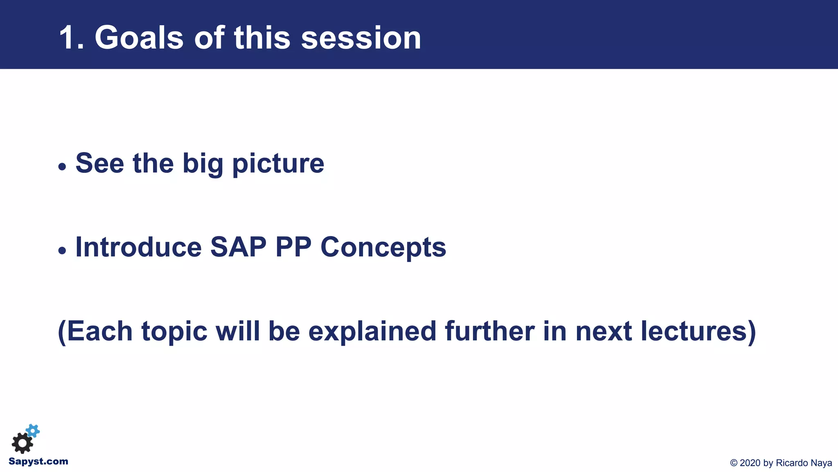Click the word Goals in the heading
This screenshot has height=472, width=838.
(x=139, y=38)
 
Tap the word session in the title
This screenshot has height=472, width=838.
(x=361, y=38)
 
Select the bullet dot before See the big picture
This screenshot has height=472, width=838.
(x=62, y=167)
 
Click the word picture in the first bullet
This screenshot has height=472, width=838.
(x=278, y=164)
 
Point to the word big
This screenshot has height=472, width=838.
(x=203, y=164)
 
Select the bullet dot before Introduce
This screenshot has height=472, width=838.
(x=62, y=250)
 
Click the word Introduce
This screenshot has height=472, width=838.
(x=138, y=247)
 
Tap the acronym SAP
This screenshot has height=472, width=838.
(x=238, y=247)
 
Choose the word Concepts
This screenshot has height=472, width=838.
(x=383, y=247)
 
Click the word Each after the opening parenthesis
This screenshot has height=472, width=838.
(x=99, y=331)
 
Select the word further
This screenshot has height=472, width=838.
(x=489, y=331)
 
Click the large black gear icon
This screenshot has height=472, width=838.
(x=22, y=443)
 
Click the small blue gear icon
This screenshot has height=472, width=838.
(x=33, y=431)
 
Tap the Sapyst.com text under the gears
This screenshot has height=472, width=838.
(x=38, y=461)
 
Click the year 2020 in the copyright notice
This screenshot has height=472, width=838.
(x=750, y=463)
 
